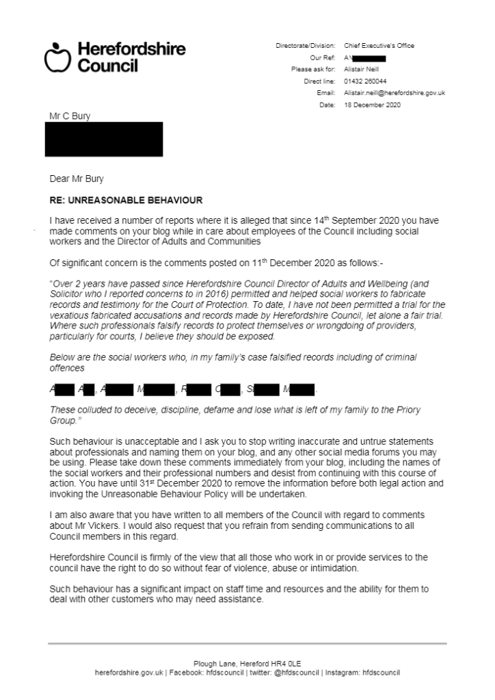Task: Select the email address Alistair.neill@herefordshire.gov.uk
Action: click(394, 92)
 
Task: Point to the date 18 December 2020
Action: click(372, 105)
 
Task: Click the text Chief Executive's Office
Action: click(379, 46)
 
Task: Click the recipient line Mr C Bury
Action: click(70, 116)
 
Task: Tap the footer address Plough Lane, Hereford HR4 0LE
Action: click(247, 664)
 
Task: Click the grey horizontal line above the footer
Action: click(247, 643)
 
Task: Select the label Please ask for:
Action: click(313, 69)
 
